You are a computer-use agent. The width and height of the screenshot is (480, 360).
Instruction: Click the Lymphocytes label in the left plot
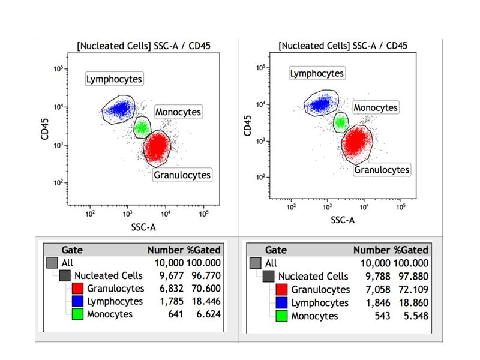(x=115, y=79)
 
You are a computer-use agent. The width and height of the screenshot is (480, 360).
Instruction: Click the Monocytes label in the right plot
(x=376, y=107)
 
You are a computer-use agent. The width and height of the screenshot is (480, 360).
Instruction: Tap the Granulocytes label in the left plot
(x=182, y=175)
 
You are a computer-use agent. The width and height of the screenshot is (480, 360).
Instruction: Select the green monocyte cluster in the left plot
(x=142, y=127)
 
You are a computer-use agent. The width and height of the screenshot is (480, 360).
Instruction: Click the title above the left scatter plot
(x=143, y=46)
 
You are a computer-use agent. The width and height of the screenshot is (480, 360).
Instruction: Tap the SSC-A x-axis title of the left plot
(x=144, y=227)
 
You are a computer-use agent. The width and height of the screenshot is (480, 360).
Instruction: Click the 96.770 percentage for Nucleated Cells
(x=205, y=276)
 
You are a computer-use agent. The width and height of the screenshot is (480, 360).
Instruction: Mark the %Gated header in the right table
(x=412, y=250)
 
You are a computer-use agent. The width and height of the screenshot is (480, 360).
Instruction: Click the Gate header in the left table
(x=72, y=250)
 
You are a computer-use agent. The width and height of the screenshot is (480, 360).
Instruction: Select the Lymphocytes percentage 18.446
(x=205, y=301)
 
